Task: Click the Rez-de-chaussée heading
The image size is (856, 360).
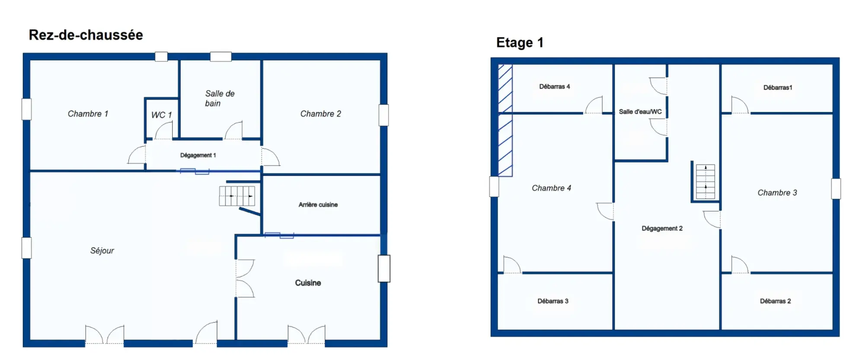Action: (x=86, y=35)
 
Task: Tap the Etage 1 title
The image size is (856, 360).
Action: (x=520, y=42)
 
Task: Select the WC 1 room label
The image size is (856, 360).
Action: (x=161, y=115)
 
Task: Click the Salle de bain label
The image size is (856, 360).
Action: (x=219, y=99)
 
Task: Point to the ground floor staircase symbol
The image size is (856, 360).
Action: (x=237, y=196)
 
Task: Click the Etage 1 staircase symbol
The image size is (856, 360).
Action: (x=705, y=182)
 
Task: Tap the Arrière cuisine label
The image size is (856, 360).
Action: (x=318, y=204)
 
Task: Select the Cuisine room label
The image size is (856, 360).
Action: (x=308, y=283)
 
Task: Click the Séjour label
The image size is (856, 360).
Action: (x=102, y=251)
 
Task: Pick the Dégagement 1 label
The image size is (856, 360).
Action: (x=198, y=155)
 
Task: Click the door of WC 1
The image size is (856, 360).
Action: (x=164, y=131)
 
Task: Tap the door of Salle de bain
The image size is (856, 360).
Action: (x=234, y=131)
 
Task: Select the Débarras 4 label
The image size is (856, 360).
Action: (x=554, y=86)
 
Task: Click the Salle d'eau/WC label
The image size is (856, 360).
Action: (x=640, y=112)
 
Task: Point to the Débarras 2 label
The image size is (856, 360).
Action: (x=775, y=301)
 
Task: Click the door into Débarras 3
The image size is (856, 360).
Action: (x=512, y=265)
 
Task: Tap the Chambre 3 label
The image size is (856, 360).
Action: (x=777, y=193)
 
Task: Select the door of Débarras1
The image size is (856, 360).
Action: (x=740, y=105)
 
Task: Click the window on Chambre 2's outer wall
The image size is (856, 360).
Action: (x=383, y=115)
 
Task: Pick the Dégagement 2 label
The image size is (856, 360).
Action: (x=662, y=228)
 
